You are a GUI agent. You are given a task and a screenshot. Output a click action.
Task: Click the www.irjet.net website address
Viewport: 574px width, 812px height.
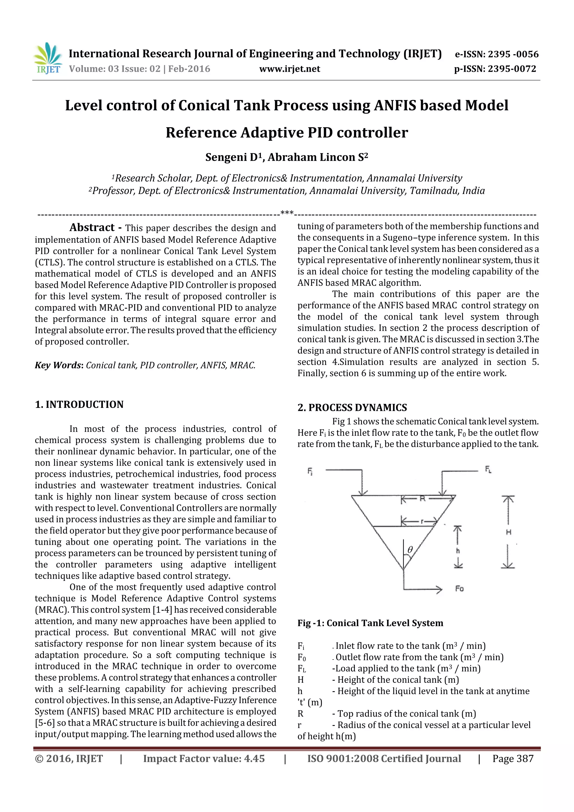(x=289, y=69)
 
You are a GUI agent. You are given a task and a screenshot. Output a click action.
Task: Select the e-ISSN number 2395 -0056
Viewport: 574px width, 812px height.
(x=513, y=54)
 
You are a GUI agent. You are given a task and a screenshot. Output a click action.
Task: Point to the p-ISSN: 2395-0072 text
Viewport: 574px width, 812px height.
(x=495, y=69)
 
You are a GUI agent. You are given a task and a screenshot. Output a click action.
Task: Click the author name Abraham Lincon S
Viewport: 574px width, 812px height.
(x=318, y=157)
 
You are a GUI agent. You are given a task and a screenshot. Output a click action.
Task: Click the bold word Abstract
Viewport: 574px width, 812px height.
(x=92, y=227)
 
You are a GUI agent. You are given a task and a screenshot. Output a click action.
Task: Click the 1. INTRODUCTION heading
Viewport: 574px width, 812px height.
(x=79, y=404)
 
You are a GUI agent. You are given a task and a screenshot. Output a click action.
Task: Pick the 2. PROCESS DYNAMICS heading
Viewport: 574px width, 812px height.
(x=352, y=408)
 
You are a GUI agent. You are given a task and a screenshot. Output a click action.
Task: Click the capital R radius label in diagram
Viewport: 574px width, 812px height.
(x=422, y=499)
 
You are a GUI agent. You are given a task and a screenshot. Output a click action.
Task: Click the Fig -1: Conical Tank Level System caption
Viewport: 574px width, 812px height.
(x=370, y=623)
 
